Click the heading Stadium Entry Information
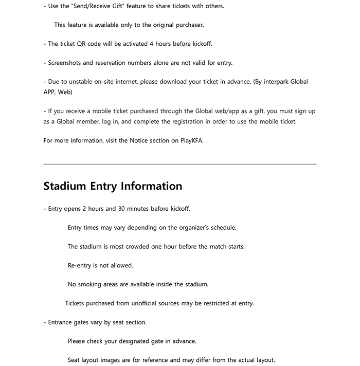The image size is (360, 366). [113, 186]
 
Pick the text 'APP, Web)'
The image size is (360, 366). [58, 92]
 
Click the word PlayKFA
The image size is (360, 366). [191, 140]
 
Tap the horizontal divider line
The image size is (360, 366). [180, 164]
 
